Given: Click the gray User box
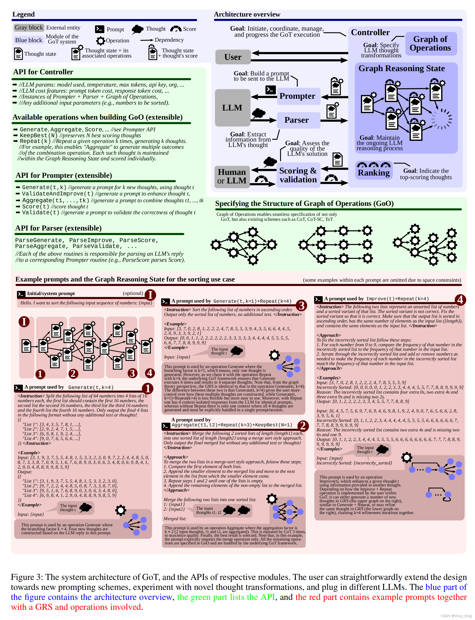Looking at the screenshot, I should [233, 57].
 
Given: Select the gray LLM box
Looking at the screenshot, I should [232, 108].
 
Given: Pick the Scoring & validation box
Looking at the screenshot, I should [298, 175].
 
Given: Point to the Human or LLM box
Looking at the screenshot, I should [232, 176].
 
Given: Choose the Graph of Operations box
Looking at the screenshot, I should [430, 43].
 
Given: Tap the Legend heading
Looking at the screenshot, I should [24, 14].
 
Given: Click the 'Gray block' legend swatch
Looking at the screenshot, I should [29, 28].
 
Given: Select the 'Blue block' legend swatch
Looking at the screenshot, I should [29, 40].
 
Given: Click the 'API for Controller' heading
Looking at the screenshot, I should [43, 72].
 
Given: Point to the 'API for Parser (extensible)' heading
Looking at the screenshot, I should [58, 228].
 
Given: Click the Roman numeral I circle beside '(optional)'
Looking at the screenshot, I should [150, 295].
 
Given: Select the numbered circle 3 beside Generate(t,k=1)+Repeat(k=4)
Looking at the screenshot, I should [301, 305].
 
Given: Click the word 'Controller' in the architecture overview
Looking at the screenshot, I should [370, 33].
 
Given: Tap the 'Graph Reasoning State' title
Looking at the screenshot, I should [401, 68].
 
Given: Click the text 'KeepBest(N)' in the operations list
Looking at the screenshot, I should [39, 135].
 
